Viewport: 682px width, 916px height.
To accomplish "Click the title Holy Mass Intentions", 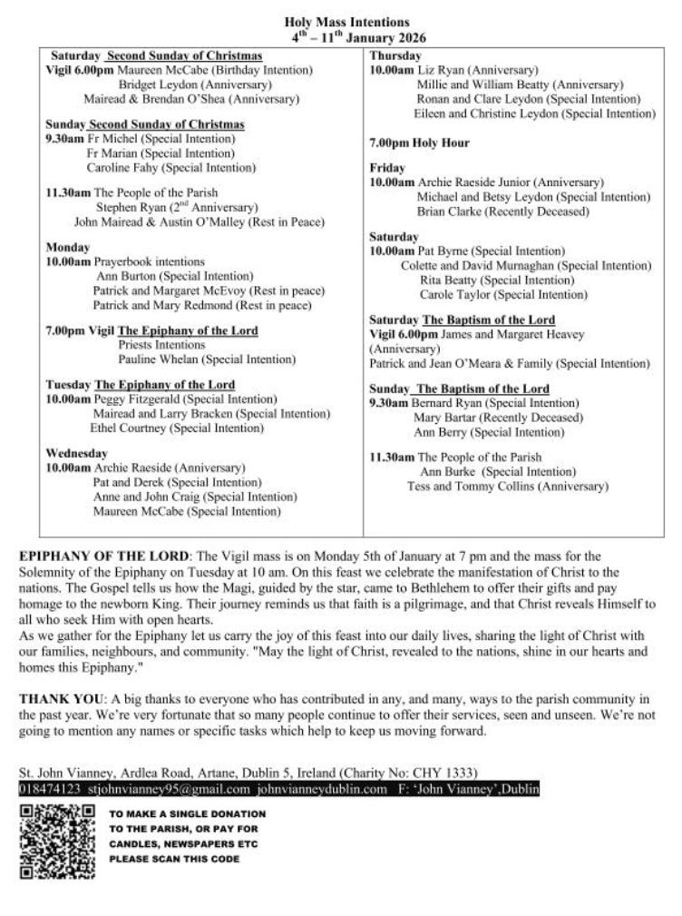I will coord(346,22).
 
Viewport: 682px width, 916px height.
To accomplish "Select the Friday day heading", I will coord(387,168).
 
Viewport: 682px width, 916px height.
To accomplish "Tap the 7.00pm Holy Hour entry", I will coord(418,143).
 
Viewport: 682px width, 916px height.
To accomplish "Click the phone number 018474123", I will coord(50,789).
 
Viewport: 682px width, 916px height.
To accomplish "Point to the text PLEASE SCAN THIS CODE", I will coord(174,859).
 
